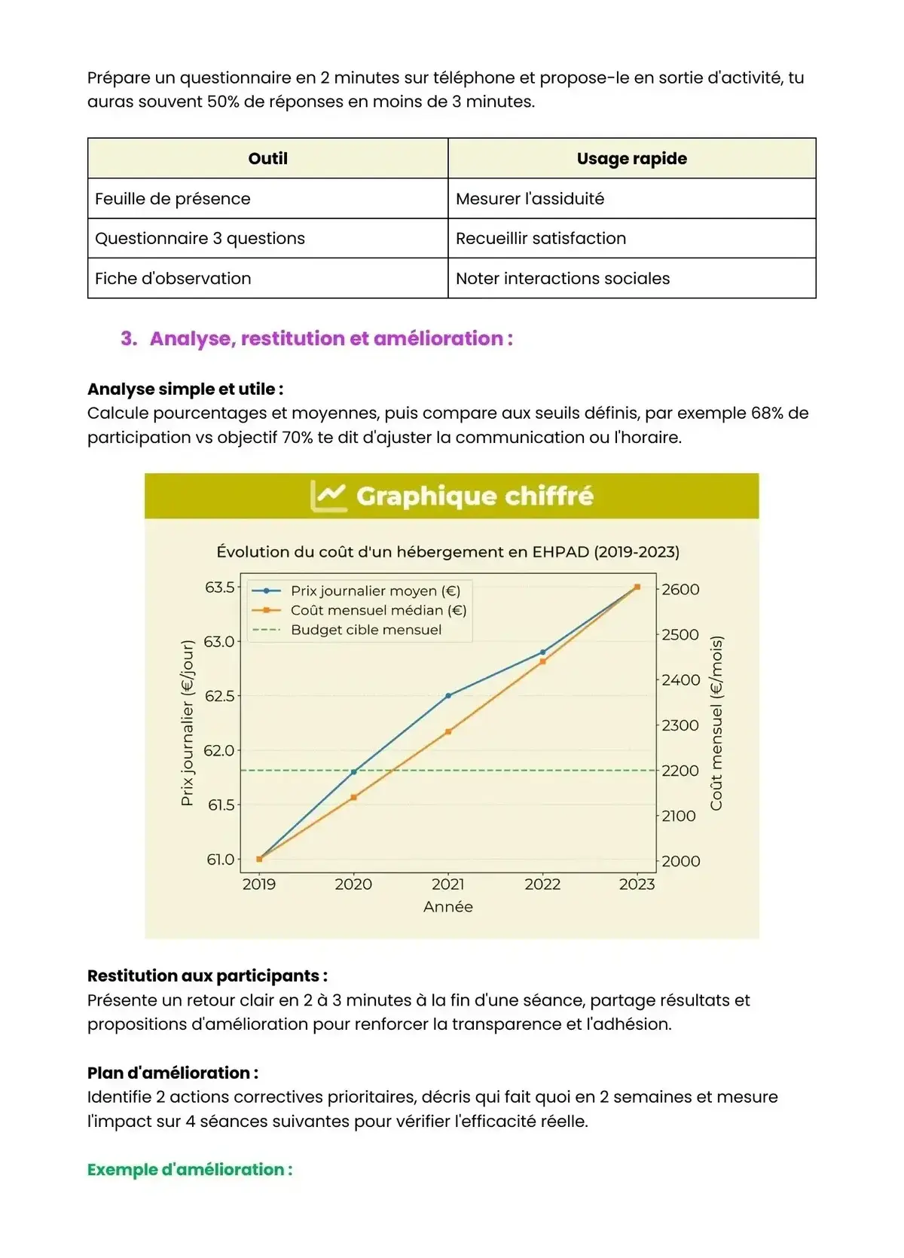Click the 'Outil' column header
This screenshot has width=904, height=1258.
(267, 158)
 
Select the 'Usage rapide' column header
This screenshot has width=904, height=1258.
(631, 158)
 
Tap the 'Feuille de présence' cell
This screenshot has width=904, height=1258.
(173, 199)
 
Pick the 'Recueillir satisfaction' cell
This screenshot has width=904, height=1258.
(540, 238)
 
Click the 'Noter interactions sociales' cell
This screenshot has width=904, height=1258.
(562, 278)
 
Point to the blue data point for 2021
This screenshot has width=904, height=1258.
(448, 695)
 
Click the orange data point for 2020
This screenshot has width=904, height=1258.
(354, 797)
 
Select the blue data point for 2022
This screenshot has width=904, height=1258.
(543, 652)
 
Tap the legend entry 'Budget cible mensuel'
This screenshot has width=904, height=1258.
(366, 630)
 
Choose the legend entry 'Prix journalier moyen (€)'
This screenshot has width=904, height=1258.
(375, 591)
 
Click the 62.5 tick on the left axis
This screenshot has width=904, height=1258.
(219, 696)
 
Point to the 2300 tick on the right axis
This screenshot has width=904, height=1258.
(680, 725)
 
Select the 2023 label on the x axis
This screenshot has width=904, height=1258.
(637, 884)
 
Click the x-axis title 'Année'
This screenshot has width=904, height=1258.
(448, 907)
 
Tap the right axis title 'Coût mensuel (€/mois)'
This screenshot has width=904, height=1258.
(716, 723)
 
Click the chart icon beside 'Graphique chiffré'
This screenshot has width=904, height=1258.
(328, 496)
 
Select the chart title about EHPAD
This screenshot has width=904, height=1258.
(447, 551)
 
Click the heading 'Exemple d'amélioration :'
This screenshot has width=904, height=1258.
(190, 1170)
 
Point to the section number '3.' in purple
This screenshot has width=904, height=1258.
(129, 338)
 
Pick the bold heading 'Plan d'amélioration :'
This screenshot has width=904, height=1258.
(173, 1073)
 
